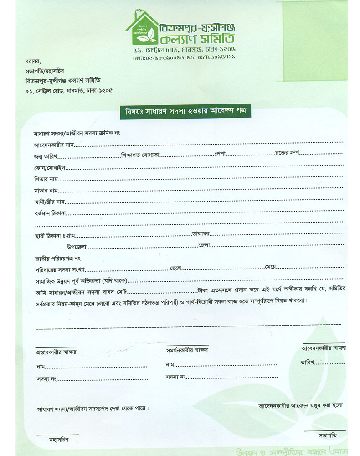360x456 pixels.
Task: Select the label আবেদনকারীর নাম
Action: (53, 145)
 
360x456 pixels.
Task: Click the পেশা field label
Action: (221, 154)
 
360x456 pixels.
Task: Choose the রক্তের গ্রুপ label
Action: (286, 153)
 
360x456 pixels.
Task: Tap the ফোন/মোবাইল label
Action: (50, 167)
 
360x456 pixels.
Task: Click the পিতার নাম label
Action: (46, 179)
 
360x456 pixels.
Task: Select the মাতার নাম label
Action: (46, 190)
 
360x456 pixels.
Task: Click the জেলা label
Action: (203, 246)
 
